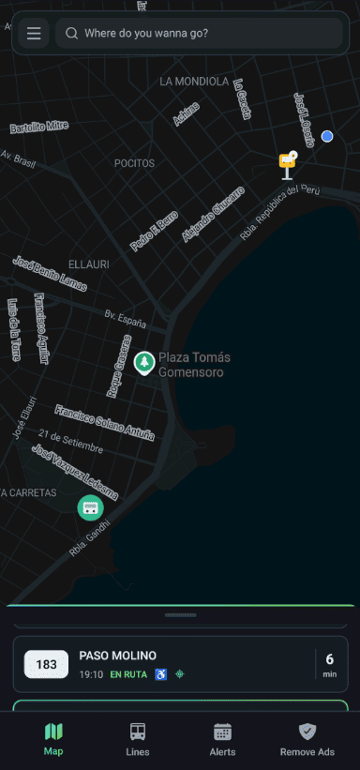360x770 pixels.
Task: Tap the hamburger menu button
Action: (x=34, y=34)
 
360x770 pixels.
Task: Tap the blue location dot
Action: (x=327, y=136)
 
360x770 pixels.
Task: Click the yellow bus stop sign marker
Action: (x=288, y=163)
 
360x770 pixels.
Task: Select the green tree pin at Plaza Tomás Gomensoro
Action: (x=144, y=362)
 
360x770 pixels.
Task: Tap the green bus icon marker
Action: (x=90, y=507)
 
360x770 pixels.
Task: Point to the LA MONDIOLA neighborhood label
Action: (x=194, y=82)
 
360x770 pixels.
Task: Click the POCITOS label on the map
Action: (x=134, y=163)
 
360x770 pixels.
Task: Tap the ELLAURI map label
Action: (x=91, y=264)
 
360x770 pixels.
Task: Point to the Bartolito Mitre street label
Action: (x=39, y=127)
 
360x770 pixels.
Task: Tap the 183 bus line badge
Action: (x=46, y=665)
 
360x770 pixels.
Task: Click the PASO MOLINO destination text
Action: (x=117, y=656)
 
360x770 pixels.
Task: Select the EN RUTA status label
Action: (x=128, y=674)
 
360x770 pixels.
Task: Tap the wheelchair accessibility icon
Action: (x=160, y=674)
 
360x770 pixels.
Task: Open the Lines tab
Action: (x=137, y=739)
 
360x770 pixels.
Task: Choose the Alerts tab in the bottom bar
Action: (x=222, y=739)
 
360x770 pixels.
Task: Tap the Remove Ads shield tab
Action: (x=307, y=739)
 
